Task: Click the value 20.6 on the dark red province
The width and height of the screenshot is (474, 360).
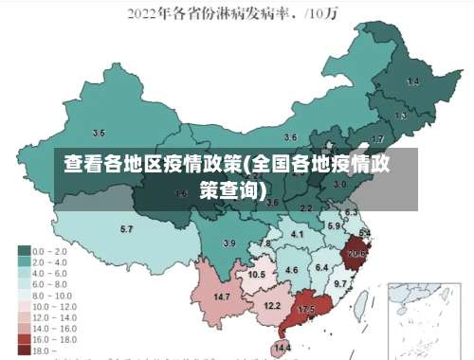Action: (357, 254)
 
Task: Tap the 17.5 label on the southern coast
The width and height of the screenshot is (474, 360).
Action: (306, 310)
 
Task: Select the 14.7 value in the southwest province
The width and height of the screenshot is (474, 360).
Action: (223, 297)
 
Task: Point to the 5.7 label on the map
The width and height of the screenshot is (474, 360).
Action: (126, 230)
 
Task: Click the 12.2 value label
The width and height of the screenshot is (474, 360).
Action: (271, 305)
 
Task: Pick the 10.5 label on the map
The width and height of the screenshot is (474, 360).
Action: (257, 274)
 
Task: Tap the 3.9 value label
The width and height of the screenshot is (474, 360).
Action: (228, 243)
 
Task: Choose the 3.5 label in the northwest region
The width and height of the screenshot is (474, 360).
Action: (99, 133)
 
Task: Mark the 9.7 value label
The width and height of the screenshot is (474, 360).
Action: (340, 283)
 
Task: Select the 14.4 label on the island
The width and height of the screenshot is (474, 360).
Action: (282, 349)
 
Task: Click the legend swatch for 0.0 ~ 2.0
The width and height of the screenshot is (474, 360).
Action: (24, 251)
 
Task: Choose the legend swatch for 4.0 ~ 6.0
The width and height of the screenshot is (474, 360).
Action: (24, 272)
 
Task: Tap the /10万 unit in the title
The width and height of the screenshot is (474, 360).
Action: (330, 14)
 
